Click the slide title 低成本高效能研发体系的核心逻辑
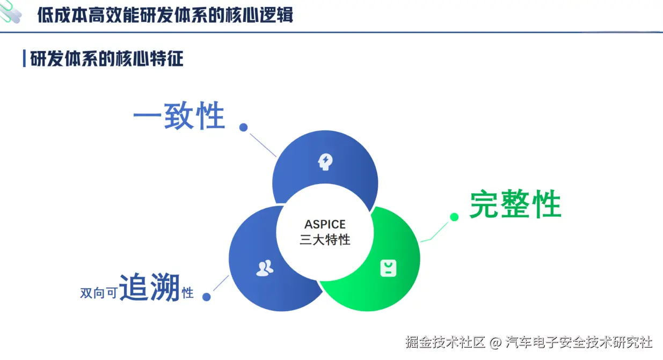pos(165,14)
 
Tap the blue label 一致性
pos(179,116)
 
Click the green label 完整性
pos(515,204)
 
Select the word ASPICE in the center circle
pos(325,224)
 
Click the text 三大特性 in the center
pos(325,239)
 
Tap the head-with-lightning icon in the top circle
pos(325,161)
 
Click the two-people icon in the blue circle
pos(264,268)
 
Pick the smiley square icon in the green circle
pos(388,268)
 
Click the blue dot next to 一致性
pos(243,127)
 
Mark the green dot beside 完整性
pos(454,217)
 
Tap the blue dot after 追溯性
pos(207,297)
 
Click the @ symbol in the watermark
pos(496,342)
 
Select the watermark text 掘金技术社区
pos(446,342)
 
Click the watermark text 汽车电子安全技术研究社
pos(579,342)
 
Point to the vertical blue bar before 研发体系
pos(24,58)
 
